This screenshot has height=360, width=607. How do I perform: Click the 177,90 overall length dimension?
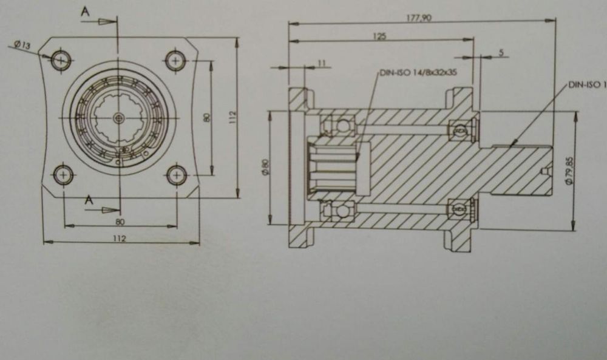click(x=418, y=18)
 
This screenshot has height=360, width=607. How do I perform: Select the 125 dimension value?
click(x=379, y=36)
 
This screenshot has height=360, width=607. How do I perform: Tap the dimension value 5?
click(x=501, y=53)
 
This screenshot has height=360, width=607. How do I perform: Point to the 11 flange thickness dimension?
click(x=322, y=63)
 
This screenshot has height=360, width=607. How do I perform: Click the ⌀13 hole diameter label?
click(x=22, y=45)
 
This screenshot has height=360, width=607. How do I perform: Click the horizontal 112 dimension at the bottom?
click(x=120, y=238)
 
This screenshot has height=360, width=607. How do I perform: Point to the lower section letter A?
click(x=89, y=200)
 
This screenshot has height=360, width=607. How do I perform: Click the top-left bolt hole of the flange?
click(x=61, y=60)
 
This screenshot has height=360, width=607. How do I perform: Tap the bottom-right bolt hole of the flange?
click(x=176, y=175)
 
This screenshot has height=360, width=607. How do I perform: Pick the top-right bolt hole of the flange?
click(x=176, y=60)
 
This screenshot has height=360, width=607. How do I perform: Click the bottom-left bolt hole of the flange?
click(x=63, y=175)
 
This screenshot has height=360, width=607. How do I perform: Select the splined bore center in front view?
click(x=120, y=117)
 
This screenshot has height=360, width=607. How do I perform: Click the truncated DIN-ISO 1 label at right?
click(x=588, y=86)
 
